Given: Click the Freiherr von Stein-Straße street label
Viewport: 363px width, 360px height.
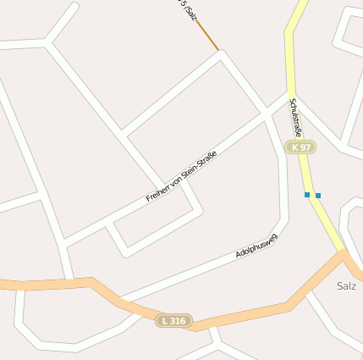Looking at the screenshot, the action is (x=181, y=175).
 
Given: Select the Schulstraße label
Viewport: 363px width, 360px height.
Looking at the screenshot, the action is (x=296, y=117).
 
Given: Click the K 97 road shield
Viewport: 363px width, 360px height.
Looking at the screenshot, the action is (x=300, y=147).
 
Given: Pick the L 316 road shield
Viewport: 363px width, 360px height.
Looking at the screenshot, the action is (x=173, y=321).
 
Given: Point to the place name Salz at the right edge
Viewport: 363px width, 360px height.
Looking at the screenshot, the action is (x=346, y=285).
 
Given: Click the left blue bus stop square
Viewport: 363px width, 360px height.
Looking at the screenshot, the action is (x=307, y=195).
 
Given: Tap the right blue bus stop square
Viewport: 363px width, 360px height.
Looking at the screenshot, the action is (x=318, y=196).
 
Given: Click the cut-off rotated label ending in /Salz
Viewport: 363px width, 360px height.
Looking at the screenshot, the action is (x=187, y=8).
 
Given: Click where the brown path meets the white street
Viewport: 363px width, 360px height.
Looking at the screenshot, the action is (x=219, y=51).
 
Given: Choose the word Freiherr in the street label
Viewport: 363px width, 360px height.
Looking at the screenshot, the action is (x=158, y=191).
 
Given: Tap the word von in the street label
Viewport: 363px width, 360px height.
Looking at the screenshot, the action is (x=178, y=179).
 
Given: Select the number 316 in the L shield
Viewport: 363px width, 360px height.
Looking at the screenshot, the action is (x=178, y=321).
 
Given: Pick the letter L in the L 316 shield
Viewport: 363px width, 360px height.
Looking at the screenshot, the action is (x=164, y=321).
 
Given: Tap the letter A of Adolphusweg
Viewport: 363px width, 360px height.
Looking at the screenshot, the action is (x=239, y=254).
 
